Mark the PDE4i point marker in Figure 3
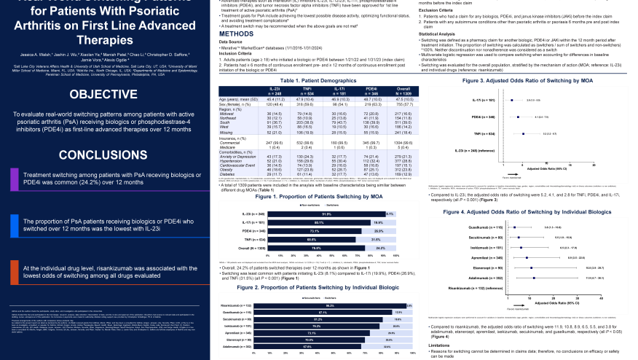518,117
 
